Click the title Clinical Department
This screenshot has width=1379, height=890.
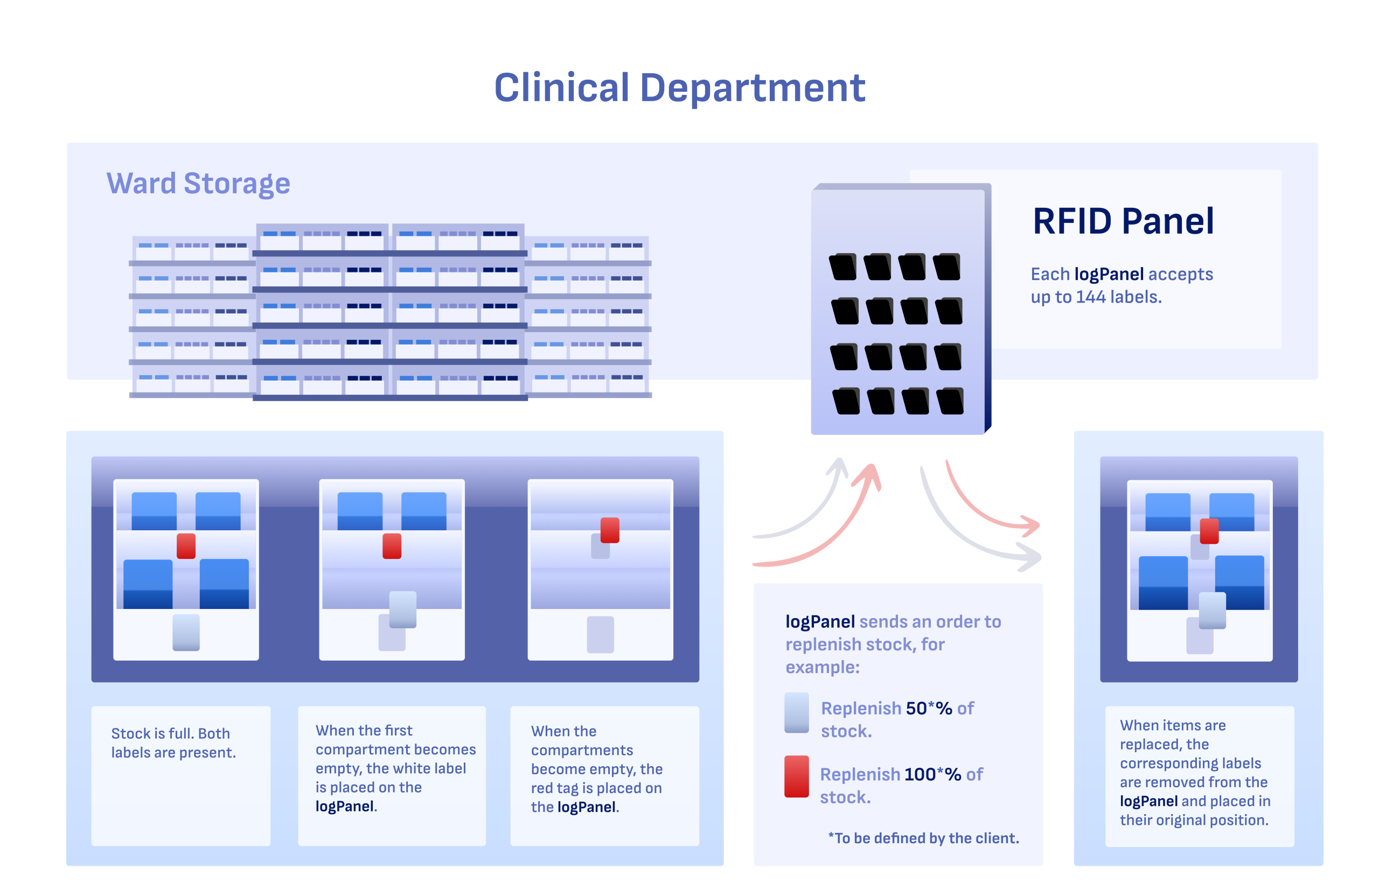pyautogui.click(x=679, y=88)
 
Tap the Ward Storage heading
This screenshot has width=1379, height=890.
pyautogui.click(x=198, y=183)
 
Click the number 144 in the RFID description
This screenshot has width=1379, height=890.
pyautogui.click(x=1090, y=297)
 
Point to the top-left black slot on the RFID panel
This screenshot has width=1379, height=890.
pyautogui.click(x=842, y=267)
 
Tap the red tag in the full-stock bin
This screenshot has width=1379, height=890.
pyautogui.click(x=186, y=545)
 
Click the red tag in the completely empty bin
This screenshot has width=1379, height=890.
pyautogui.click(x=609, y=530)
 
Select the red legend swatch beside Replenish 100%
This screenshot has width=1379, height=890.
pyautogui.click(x=796, y=776)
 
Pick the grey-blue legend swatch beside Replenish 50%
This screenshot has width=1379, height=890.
pyautogui.click(x=796, y=712)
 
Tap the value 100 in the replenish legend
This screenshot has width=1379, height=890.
pyautogui.click(x=920, y=774)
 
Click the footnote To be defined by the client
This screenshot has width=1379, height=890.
pyautogui.click(x=923, y=838)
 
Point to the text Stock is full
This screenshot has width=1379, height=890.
pyautogui.click(x=151, y=733)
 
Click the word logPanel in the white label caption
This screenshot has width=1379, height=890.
pyautogui.click(x=344, y=806)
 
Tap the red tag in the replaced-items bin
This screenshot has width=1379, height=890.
pyautogui.click(x=1208, y=531)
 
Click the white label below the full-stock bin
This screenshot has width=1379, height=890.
pyautogui.click(x=186, y=632)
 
